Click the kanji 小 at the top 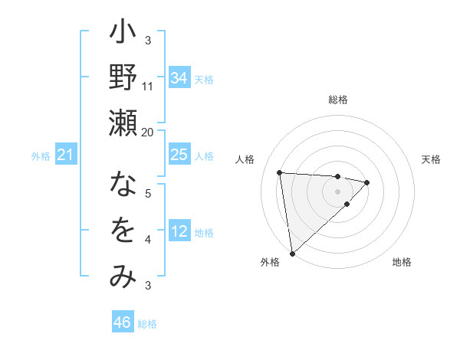click(x=123, y=35)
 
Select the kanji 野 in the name click(x=123, y=79)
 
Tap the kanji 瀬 click(x=123, y=123)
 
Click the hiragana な click(x=123, y=185)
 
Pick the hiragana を click(x=123, y=231)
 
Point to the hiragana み click(x=123, y=276)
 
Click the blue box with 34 click(x=179, y=77)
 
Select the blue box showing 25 click(x=179, y=155)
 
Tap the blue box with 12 click(x=179, y=231)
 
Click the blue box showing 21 click(x=65, y=155)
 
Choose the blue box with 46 click(x=123, y=322)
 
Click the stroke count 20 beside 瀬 click(x=148, y=132)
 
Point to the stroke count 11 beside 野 click(x=148, y=86)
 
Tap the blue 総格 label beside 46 click(x=147, y=324)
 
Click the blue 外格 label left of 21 click(x=41, y=156)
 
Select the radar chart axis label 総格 click(x=337, y=100)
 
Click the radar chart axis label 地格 click(x=402, y=262)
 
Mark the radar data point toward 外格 click(x=292, y=253)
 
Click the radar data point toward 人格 click(x=280, y=172)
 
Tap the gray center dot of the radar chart click(x=337, y=191)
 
